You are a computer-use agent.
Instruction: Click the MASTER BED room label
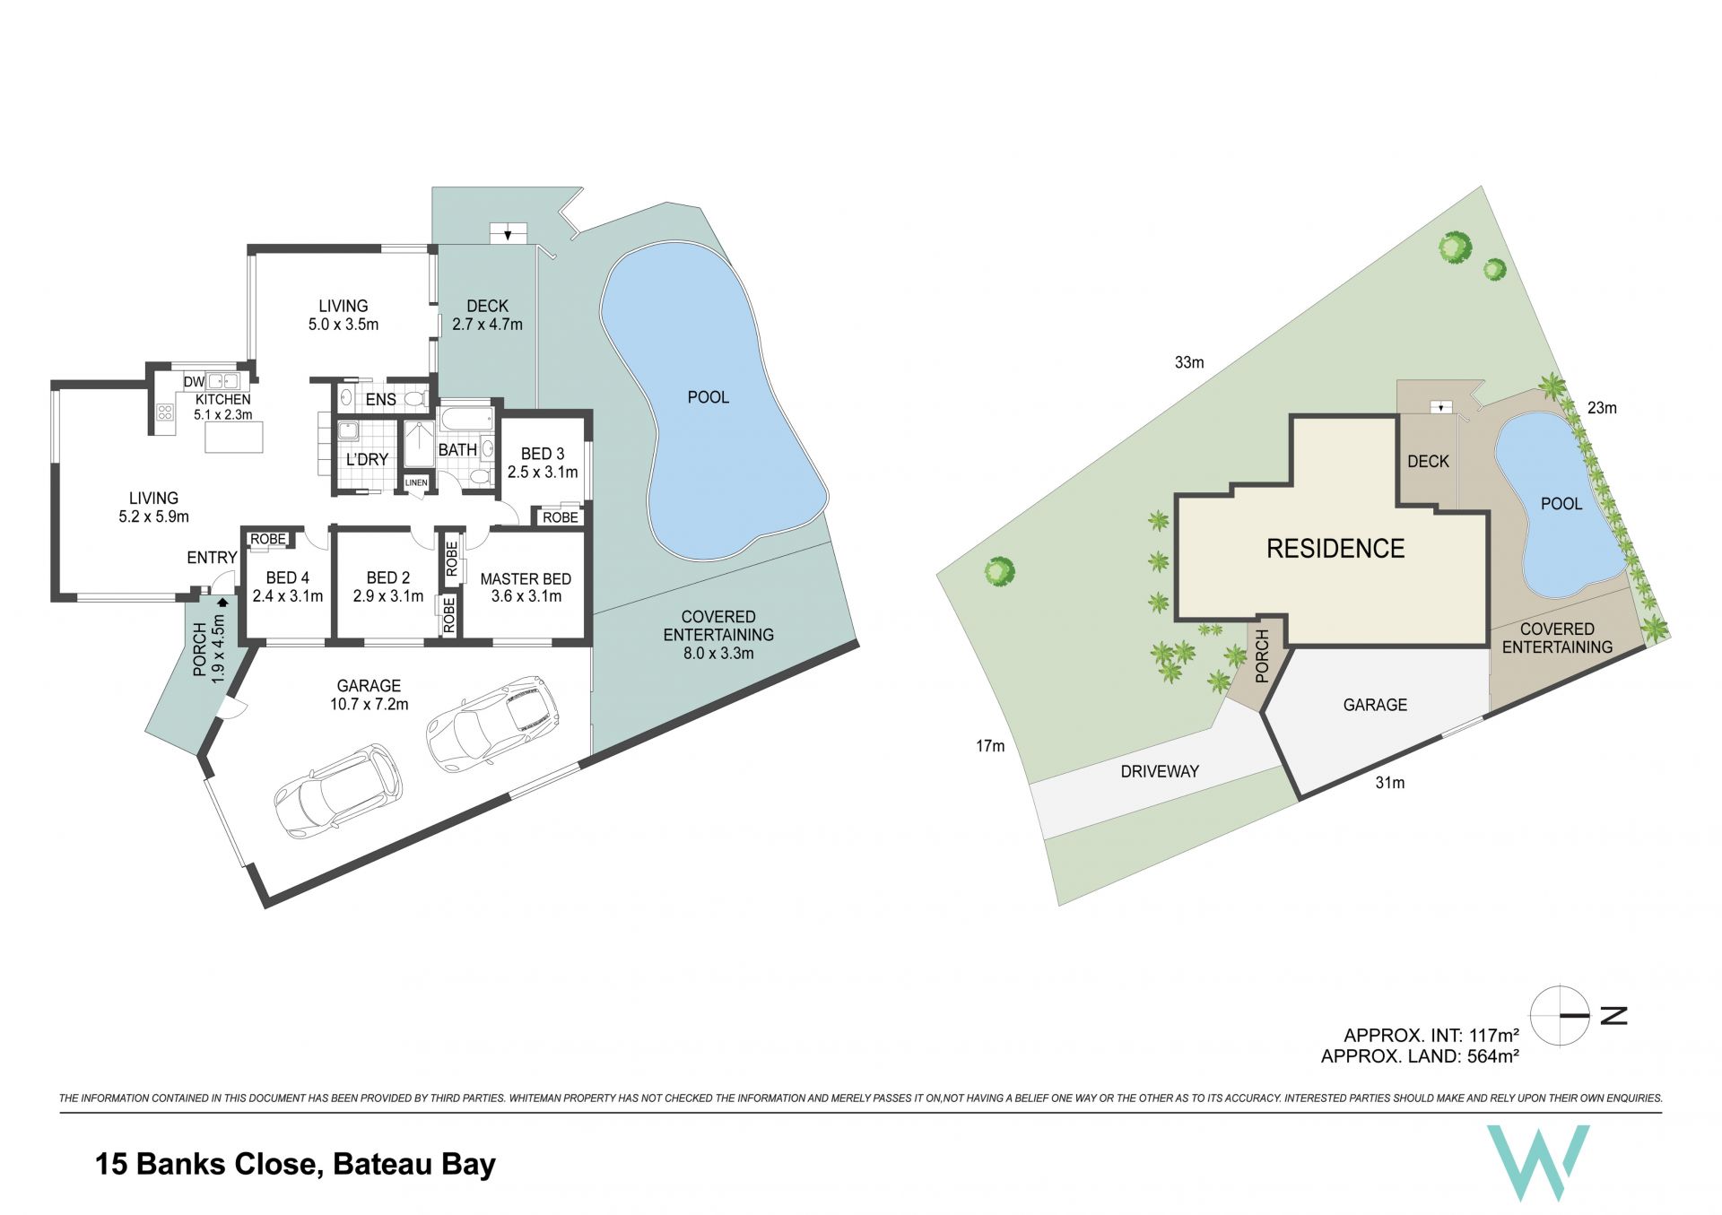coord(526,579)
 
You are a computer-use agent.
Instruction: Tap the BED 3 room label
coord(543,454)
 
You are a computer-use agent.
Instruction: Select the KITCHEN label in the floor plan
coord(223,399)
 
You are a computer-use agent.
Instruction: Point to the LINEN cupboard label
coord(416,482)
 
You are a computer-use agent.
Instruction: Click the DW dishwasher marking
coord(194,382)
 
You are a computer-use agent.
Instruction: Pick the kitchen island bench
coord(234,437)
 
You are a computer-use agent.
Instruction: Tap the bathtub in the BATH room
coord(465,419)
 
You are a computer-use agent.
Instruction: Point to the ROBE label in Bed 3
coord(561,517)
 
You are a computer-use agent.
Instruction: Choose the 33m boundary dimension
coord(1189,362)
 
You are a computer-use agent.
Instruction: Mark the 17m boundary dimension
coord(990,745)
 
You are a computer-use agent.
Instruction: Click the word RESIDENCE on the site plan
coord(1335,549)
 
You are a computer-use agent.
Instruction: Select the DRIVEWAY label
coord(1160,771)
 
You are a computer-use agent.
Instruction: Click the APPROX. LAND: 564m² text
coord(1420,1056)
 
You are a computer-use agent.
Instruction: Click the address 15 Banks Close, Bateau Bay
coord(295,1164)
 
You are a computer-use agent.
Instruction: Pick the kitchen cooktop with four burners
coord(165,412)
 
